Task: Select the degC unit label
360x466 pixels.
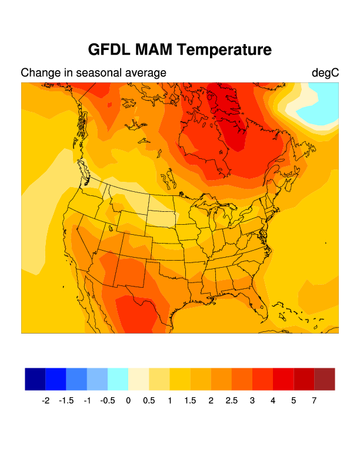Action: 325,73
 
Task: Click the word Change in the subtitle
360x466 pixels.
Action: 40,73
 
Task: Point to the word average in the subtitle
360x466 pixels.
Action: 144,73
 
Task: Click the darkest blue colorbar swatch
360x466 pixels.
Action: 35,379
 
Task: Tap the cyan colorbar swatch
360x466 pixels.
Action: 118,379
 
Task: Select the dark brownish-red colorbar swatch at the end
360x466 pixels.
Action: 325,379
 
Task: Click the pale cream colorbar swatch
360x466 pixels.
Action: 139,379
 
